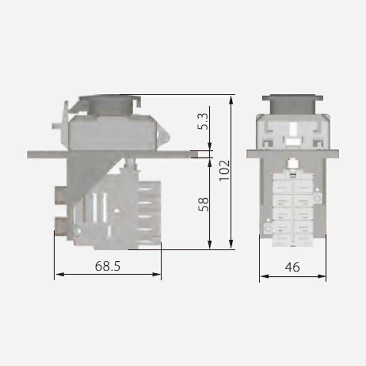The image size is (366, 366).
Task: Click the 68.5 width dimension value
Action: (x=108, y=266)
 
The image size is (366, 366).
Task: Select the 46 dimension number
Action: (x=292, y=267)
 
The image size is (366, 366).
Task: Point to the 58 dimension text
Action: (x=203, y=204)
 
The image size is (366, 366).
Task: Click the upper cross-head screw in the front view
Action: (x=317, y=198)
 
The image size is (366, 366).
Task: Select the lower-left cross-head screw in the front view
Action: (x=268, y=229)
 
